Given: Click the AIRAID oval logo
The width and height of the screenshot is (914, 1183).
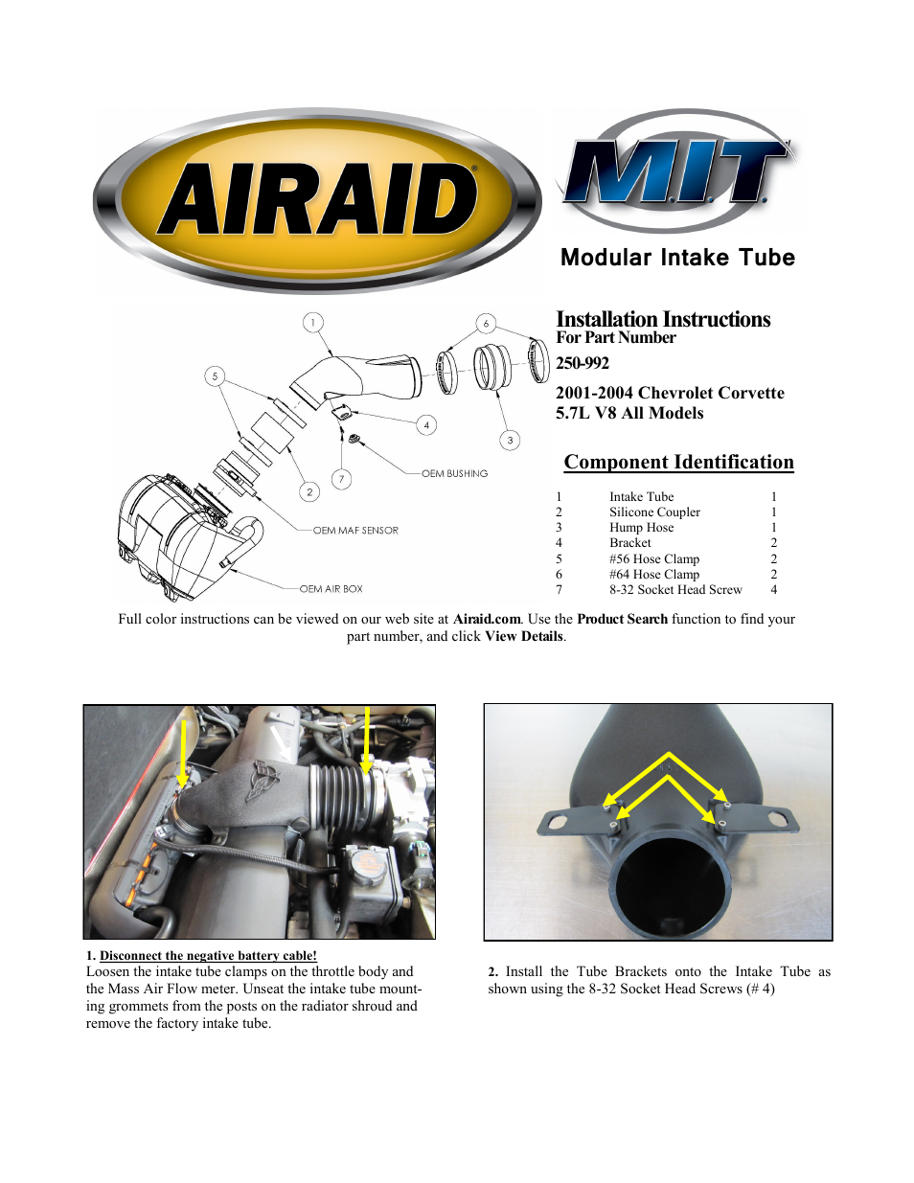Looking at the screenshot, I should [x=317, y=199].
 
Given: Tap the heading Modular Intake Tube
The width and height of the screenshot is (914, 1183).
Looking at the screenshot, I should [x=677, y=258].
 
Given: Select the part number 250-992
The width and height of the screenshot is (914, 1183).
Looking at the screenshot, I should [x=583, y=364].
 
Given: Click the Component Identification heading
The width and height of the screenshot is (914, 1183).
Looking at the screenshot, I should [x=678, y=463].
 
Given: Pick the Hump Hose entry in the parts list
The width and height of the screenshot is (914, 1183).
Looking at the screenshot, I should [x=641, y=528].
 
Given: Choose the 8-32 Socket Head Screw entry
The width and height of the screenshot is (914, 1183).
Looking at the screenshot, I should [x=675, y=590].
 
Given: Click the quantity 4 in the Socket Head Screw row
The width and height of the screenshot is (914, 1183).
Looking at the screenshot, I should [x=774, y=590].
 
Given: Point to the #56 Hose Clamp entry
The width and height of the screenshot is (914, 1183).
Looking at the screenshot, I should [x=654, y=559].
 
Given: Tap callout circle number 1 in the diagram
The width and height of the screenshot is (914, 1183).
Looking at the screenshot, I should [x=312, y=323].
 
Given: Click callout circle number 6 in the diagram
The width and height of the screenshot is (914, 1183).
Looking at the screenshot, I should [x=486, y=323].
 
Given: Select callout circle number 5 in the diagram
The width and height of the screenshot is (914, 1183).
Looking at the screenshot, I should [x=215, y=376].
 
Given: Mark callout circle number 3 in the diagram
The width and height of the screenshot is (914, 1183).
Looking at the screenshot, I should [x=510, y=441].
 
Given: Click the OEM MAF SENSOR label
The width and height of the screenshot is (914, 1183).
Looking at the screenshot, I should [x=355, y=531].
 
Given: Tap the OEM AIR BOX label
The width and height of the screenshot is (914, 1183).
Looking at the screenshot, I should [x=331, y=589].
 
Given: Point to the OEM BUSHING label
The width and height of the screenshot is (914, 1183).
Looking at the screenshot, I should [x=455, y=474].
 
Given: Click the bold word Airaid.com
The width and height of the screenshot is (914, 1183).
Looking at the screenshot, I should [x=487, y=620].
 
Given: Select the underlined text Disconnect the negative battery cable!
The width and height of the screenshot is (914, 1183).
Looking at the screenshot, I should [x=208, y=956].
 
